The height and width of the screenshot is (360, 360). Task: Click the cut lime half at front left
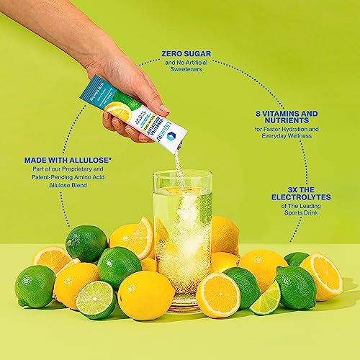96,299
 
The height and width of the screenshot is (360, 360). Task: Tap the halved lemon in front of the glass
218,294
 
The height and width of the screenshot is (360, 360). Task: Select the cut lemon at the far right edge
322,275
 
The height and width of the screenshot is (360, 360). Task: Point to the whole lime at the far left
35,286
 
